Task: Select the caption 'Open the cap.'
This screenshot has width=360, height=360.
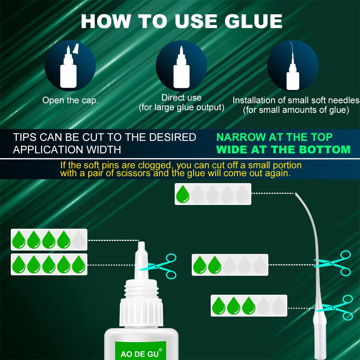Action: [70, 100]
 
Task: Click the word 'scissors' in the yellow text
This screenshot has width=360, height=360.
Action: [133, 173]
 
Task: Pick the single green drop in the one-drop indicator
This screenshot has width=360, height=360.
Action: [183, 194]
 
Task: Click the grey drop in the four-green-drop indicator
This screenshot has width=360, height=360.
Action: [79, 239]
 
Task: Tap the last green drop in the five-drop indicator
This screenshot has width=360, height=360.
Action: [79, 264]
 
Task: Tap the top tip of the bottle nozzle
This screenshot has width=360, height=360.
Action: [141, 242]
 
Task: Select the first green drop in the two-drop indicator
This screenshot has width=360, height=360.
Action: [200, 265]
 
